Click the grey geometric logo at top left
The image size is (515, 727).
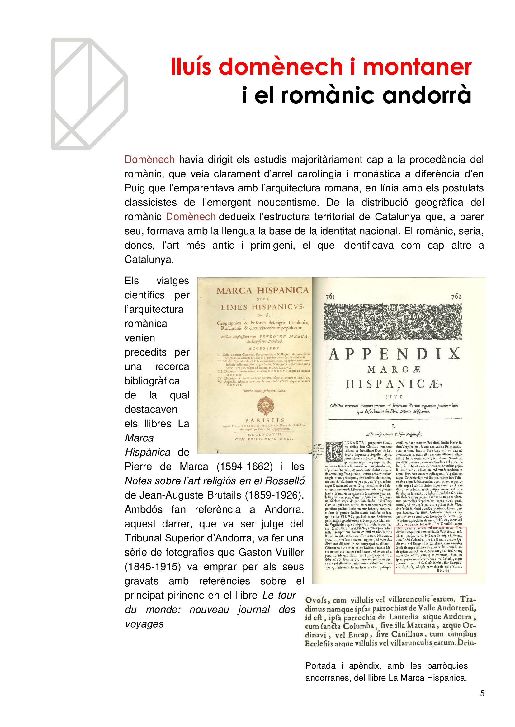click(x=89, y=94)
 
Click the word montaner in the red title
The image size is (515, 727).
click(x=417, y=67)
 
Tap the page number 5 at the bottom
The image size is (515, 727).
click(x=482, y=693)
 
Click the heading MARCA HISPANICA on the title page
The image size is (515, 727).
click(x=262, y=290)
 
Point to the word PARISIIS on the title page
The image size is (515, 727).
click(x=265, y=420)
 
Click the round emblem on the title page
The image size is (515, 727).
click(x=265, y=406)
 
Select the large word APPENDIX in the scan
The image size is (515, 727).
click(x=395, y=354)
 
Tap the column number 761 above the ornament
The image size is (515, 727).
click(x=330, y=297)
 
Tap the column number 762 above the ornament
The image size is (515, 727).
click(x=456, y=297)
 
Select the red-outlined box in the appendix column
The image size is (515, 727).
click(x=430, y=550)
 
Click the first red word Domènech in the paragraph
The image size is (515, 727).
click(x=149, y=159)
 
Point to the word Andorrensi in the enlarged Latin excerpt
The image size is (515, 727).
click(x=456, y=608)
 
